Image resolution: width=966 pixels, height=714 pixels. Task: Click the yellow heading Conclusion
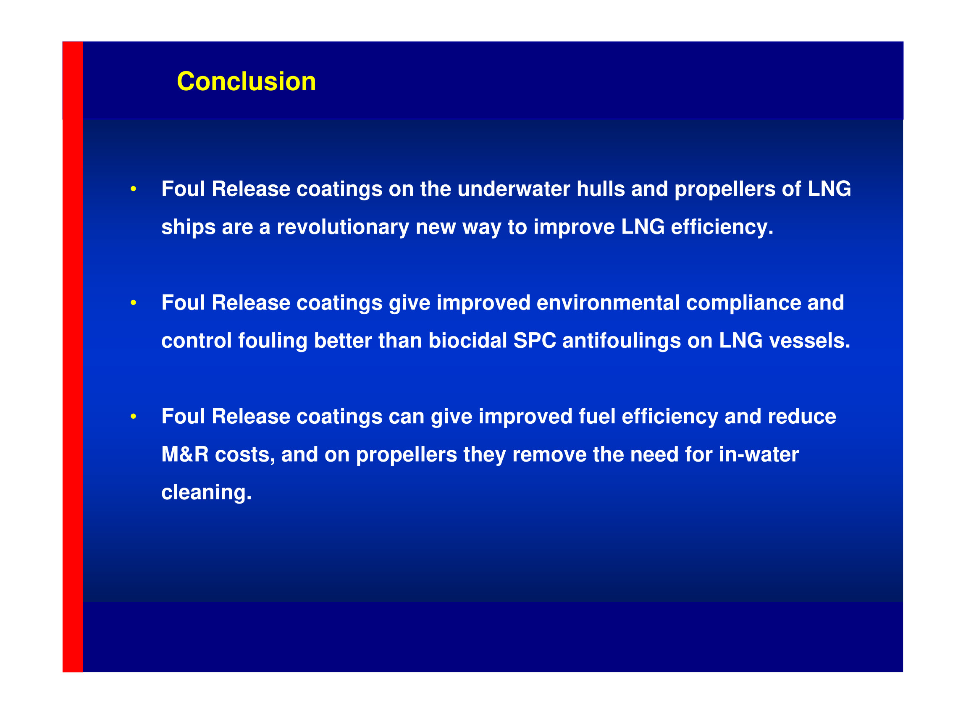point(247,81)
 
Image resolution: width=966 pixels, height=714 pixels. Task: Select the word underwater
point(514,189)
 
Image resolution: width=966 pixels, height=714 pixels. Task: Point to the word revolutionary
point(343,227)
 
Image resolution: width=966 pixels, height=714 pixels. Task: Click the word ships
point(188,227)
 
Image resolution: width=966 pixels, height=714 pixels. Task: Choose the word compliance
point(743,303)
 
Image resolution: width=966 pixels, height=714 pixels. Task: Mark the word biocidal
point(467,341)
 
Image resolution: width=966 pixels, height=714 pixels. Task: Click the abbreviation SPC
point(535,341)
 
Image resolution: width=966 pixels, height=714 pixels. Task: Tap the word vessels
point(809,341)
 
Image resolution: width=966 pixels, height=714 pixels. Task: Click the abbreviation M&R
point(185,454)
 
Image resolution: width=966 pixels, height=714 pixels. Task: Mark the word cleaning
point(206,493)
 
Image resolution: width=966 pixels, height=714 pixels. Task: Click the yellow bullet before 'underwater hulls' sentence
point(134,189)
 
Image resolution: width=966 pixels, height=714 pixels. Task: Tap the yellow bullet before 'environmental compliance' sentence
point(134,302)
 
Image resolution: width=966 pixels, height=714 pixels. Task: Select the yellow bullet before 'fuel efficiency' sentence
point(134,416)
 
